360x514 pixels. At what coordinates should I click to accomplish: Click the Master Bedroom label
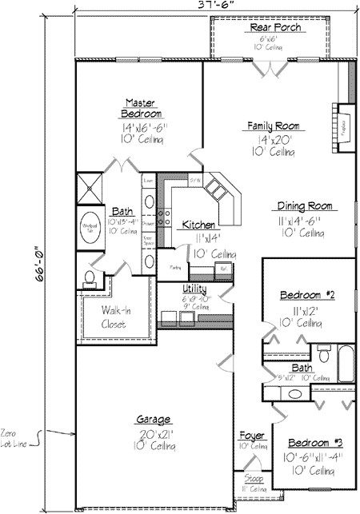coord(144,108)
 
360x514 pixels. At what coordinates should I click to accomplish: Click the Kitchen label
coord(196,225)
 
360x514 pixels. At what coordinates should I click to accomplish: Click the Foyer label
coord(252,436)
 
